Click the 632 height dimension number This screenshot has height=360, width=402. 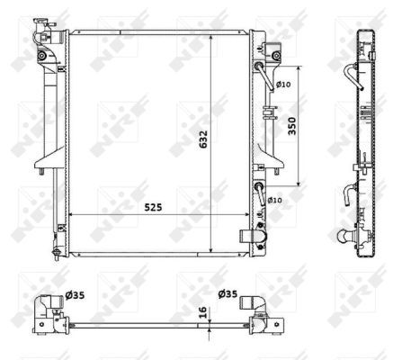tap(203, 137)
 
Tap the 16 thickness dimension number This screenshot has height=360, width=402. tap(203, 314)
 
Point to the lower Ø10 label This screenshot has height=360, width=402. tap(275, 200)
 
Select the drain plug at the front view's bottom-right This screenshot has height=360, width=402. tap(249, 238)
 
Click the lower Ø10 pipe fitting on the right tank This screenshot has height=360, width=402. tap(261, 191)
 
